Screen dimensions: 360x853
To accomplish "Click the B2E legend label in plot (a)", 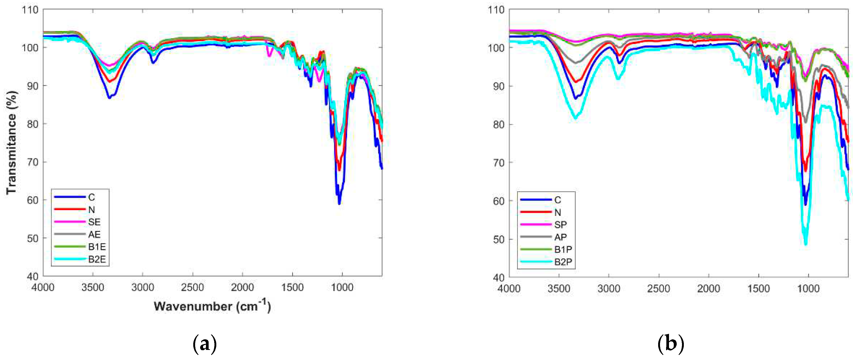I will [x=97, y=259].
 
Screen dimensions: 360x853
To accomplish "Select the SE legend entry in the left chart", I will [x=94, y=222].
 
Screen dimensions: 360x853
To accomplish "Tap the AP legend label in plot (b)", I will [x=560, y=237].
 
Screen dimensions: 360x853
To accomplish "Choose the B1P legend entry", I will [x=563, y=249].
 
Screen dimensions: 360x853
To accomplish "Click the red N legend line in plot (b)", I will [x=536, y=212].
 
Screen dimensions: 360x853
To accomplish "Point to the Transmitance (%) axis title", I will [x=11, y=143].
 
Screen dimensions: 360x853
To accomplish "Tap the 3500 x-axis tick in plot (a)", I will [x=93, y=287].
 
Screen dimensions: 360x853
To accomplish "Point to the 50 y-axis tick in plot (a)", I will [x=33, y=238].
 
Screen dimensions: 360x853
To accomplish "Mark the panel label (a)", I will [x=205, y=344].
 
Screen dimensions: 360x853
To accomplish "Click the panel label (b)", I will [x=671, y=344].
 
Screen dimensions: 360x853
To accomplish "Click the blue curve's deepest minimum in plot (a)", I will [x=339, y=203].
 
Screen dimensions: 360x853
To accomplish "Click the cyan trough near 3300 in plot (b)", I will [x=576, y=118].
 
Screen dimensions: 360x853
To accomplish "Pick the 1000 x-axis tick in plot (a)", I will [x=342, y=287].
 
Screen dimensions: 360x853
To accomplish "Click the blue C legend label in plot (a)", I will [x=92, y=197].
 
